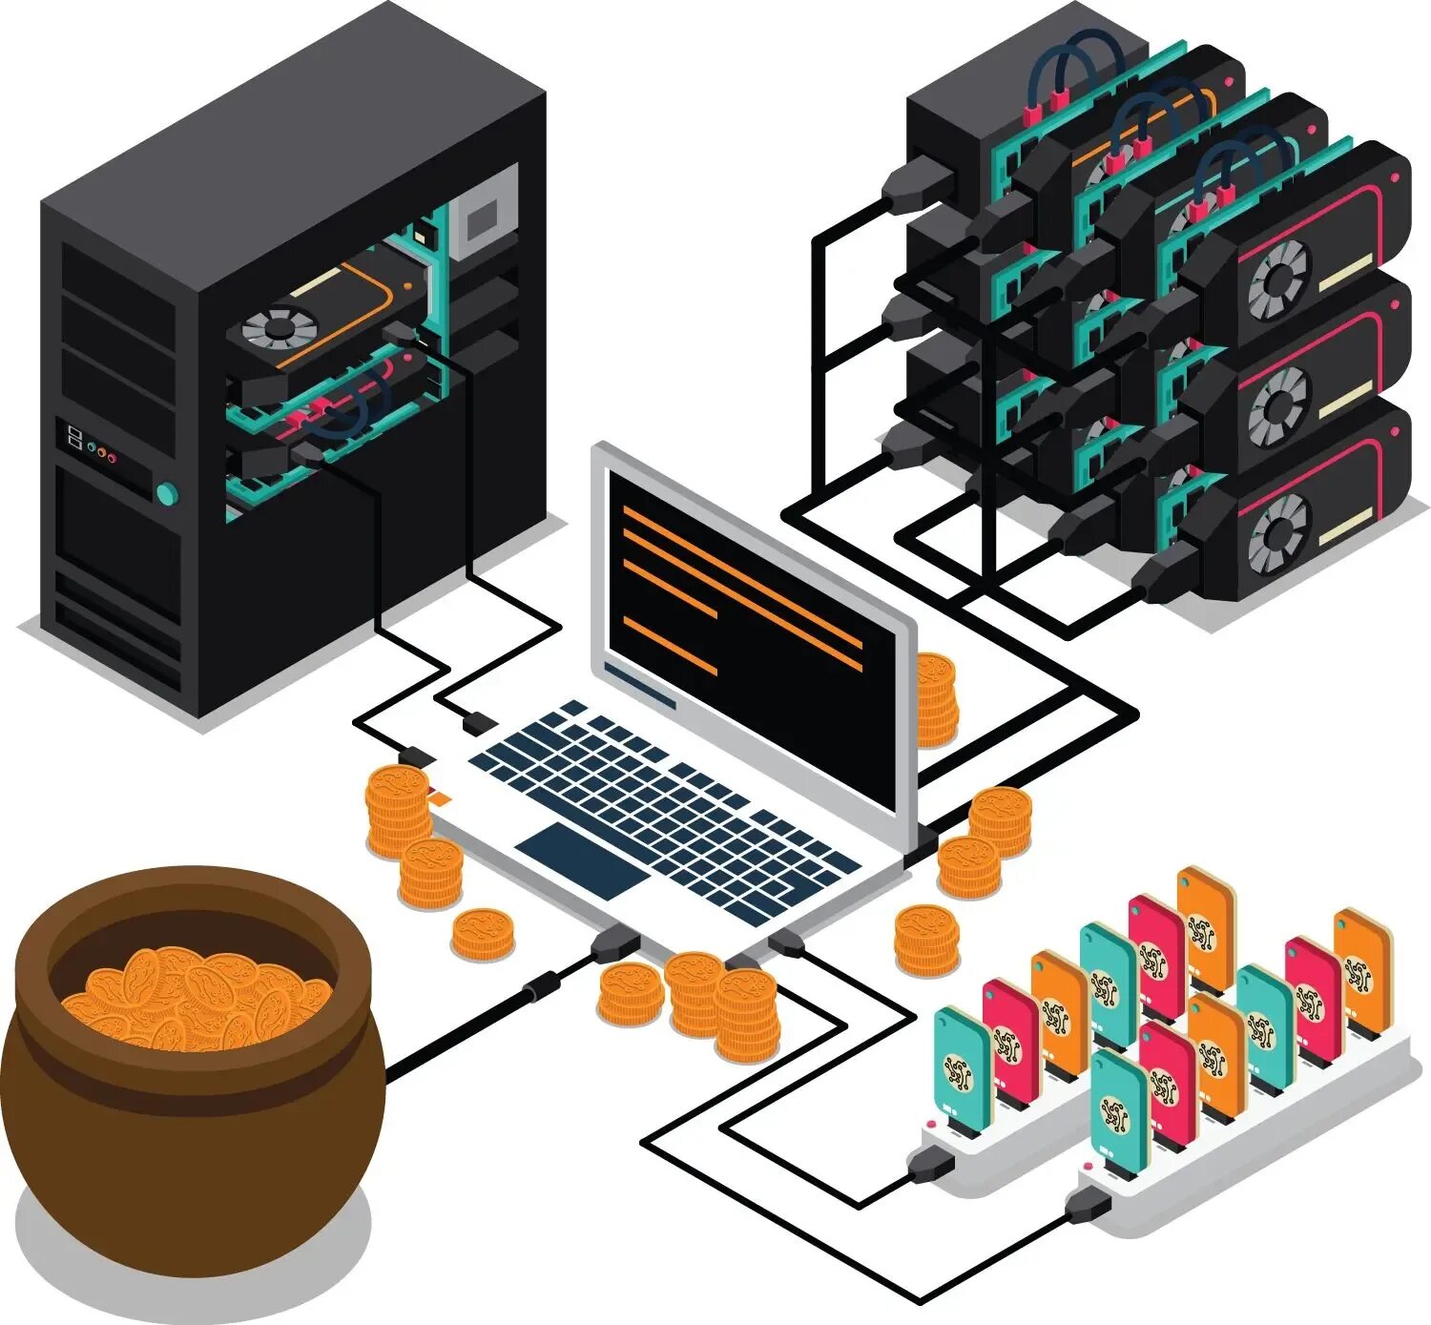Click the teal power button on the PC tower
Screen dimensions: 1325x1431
tap(167, 493)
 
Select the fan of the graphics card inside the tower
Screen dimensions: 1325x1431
tap(278, 328)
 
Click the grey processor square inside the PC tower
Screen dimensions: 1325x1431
tap(483, 220)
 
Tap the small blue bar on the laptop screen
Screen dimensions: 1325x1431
tap(640, 686)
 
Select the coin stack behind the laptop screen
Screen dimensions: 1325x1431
tap(935, 699)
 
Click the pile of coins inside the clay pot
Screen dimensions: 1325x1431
tap(196, 998)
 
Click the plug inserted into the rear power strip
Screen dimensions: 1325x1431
tap(930, 1163)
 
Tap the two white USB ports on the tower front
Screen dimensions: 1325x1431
tap(74, 438)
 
